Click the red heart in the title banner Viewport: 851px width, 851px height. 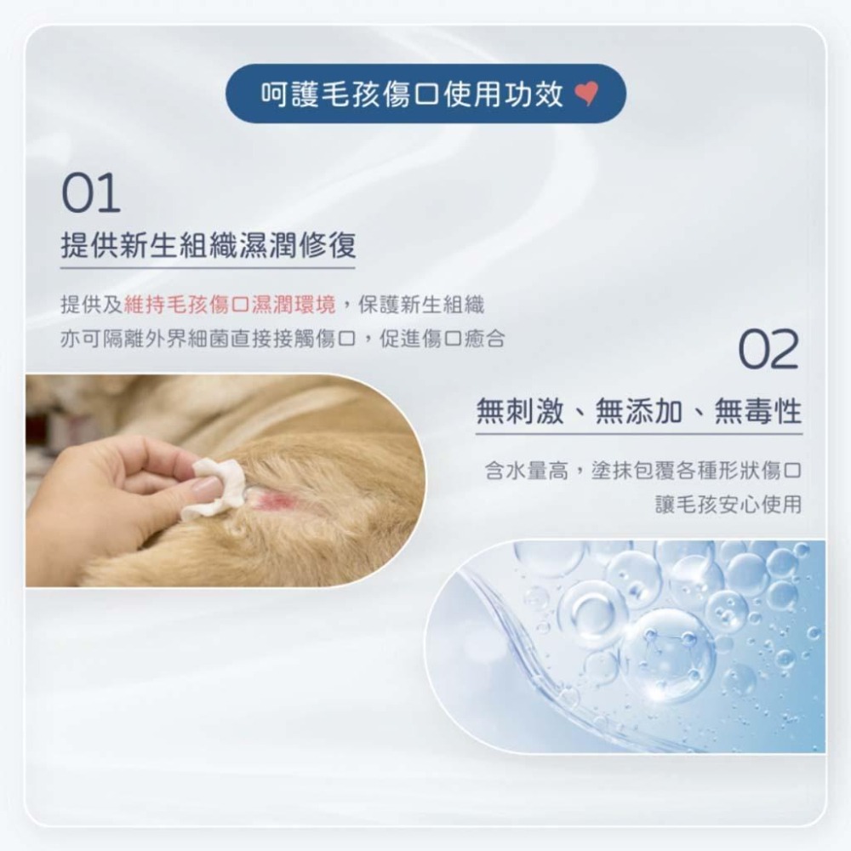pos(587,95)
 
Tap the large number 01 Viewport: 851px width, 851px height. pos(91,195)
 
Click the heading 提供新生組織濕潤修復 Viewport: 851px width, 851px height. pos(208,246)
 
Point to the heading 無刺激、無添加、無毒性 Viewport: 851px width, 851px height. pos(638,412)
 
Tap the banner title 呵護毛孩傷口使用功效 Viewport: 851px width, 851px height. pos(412,94)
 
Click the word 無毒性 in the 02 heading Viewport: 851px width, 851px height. pos(757,412)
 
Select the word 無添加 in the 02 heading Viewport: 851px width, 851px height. pos(638,412)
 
